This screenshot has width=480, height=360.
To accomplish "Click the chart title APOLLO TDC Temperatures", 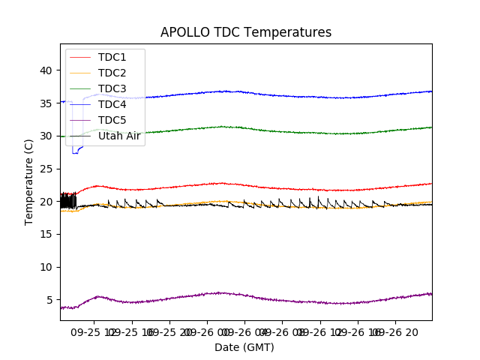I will [245, 32].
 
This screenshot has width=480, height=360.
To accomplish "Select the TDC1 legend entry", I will [112, 57].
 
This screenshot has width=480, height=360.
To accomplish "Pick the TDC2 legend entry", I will [112, 73].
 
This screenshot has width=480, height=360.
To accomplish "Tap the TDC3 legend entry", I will [112, 88].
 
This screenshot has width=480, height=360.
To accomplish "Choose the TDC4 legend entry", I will [112, 104].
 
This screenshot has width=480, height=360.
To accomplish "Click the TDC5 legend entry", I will [112, 120].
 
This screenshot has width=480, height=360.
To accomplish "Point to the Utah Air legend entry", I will [120, 136].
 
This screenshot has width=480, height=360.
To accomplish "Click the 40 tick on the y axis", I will [46, 70].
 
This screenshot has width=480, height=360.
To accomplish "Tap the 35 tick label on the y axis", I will [46, 103].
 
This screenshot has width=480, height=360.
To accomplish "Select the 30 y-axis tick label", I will [46, 136].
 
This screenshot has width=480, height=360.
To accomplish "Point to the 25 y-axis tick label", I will [46, 169].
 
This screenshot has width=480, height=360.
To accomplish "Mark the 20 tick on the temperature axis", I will [46, 202].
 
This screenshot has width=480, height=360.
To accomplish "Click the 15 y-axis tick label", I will [46, 234].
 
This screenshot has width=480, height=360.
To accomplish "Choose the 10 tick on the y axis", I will [46, 267].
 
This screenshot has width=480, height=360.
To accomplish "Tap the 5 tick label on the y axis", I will [49, 300].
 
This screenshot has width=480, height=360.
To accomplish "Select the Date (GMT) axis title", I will [244, 347].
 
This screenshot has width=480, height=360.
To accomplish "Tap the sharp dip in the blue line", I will [74, 152].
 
